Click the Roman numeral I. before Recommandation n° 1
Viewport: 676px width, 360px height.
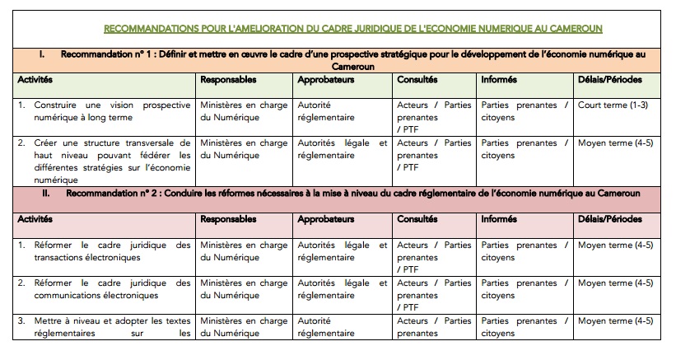coord(41,54)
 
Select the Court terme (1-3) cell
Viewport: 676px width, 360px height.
coord(612,105)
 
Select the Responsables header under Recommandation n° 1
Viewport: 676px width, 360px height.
coord(228,80)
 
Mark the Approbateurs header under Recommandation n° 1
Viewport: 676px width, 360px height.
coord(326,80)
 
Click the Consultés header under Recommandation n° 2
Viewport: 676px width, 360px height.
coord(417,220)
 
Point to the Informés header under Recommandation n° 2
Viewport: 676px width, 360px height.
coord(501,220)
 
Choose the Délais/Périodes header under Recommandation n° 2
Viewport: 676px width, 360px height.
coord(609,220)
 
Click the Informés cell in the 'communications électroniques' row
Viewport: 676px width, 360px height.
coord(524,289)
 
